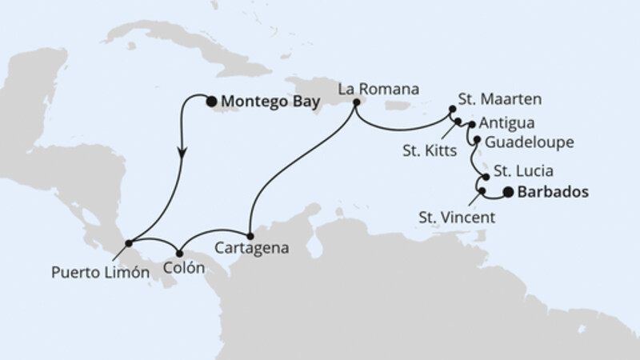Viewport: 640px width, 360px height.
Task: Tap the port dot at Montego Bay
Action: (211, 101)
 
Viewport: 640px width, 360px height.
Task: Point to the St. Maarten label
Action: (500, 100)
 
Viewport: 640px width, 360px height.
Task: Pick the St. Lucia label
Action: (520, 170)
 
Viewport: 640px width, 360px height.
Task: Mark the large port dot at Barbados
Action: (509, 192)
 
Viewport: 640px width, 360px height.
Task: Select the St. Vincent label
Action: (457, 216)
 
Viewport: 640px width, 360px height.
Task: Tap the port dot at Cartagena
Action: (250, 236)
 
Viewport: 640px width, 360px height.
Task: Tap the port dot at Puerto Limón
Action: (129, 242)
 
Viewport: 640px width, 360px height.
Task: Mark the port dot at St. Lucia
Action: (485, 177)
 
